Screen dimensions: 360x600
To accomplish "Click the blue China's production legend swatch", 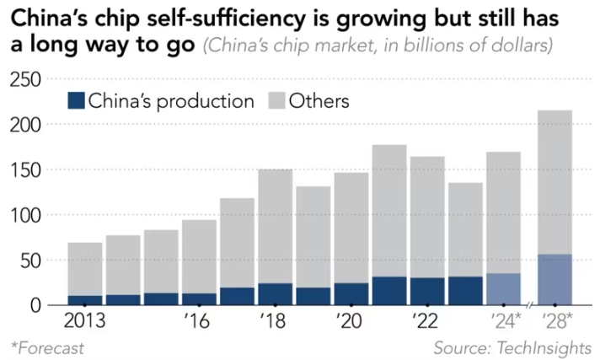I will point(76,101).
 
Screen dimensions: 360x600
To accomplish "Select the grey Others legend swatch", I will point(276,101).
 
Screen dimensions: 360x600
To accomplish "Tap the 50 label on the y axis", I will point(33,261).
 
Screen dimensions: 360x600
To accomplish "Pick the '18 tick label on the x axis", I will point(275,321).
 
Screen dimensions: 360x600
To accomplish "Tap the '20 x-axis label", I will point(351,321).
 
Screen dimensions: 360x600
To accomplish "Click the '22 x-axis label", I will point(426,321).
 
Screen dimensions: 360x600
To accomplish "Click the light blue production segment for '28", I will point(554,279).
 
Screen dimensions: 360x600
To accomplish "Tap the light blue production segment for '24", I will point(503,288).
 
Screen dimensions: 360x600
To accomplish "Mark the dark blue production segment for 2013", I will point(84,300).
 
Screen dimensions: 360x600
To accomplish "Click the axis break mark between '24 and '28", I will point(529,304).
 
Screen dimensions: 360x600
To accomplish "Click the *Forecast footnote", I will point(47,347).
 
